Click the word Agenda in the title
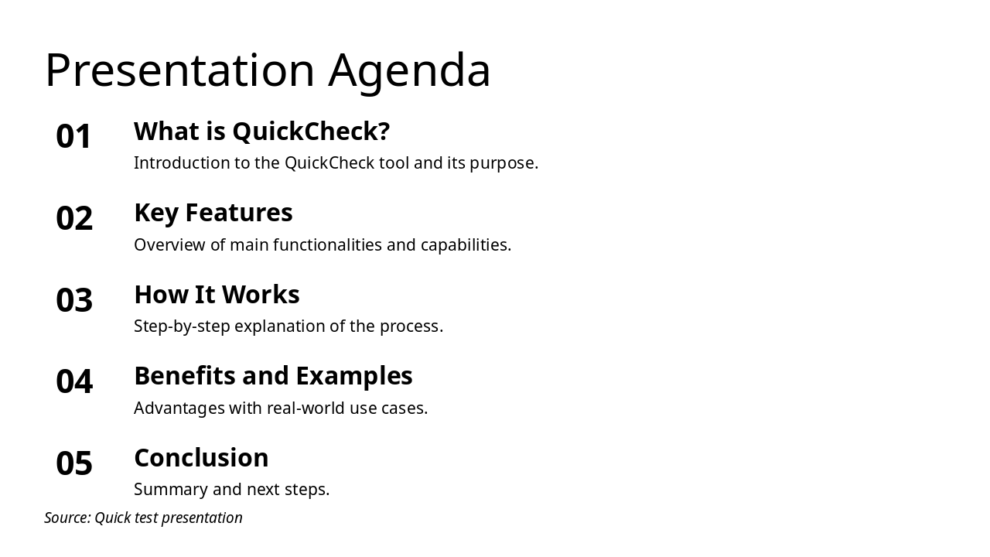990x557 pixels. pos(409,71)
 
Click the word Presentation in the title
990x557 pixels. pos(179,71)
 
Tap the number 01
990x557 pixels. pos(74,137)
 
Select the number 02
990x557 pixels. pos(74,219)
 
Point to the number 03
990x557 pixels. pos(74,300)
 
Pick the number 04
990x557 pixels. pos(74,382)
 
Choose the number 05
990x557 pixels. pos(74,464)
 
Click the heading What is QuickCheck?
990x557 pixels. pos(261,132)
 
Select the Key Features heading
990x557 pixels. pos(213,213)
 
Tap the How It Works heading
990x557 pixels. pos(217,295)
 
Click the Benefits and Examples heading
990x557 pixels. pos(273,376)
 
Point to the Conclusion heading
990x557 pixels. pos(201,458)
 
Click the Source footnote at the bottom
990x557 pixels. pos(143,518)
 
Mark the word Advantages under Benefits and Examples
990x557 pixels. pos(179,408)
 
